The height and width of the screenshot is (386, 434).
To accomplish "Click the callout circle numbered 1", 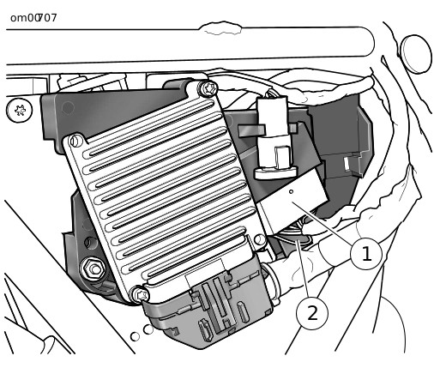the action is coord(366,253).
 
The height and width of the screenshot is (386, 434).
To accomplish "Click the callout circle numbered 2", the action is coord(312,313).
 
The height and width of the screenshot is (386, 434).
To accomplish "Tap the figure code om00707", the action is coord(33,18).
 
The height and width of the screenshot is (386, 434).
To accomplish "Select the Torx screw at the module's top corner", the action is coord(208,89).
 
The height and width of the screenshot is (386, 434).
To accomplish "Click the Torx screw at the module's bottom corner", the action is coord(140,294).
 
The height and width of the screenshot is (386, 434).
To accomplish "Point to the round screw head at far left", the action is coord(19,110).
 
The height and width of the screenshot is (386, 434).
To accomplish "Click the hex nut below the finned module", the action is coord(93,268).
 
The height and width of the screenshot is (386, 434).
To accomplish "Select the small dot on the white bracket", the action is coord(291,191).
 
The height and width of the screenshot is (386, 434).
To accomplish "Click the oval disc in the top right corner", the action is coord(416,54).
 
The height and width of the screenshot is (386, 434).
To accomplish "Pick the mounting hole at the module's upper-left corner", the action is coord(75,141).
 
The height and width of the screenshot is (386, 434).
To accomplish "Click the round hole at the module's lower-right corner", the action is coord(260,239).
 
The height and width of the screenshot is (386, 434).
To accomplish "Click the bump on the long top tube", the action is coord(220,28).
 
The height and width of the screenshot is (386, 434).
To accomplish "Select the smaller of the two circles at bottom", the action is coord(135,336).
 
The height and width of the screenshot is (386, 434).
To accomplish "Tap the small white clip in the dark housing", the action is coord(347,164).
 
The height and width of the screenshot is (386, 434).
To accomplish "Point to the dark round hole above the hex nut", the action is coord(92,243).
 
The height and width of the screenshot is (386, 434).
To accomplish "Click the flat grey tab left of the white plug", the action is coord(251,130).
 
